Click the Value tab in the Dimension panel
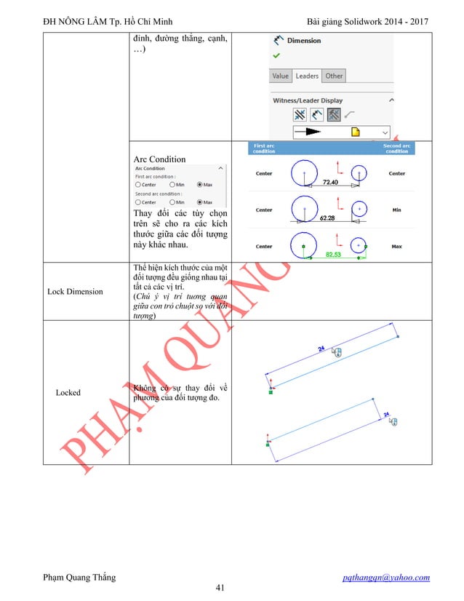tap(281, 76)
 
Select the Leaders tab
tap(307, 76)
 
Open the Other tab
tap(334, 76)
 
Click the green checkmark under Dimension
tap(276, 55)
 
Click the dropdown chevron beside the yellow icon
tap(385, 132)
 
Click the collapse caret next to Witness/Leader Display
tap(391, 100)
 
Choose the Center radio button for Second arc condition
tap(138, 202)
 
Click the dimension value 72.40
tap(330, 181)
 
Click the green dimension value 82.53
tap(334, 254)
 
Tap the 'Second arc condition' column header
tap(396, 148)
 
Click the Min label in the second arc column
tap(396, 210)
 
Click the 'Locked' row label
tap(68, 392)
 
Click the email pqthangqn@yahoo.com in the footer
tap(386, 578)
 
